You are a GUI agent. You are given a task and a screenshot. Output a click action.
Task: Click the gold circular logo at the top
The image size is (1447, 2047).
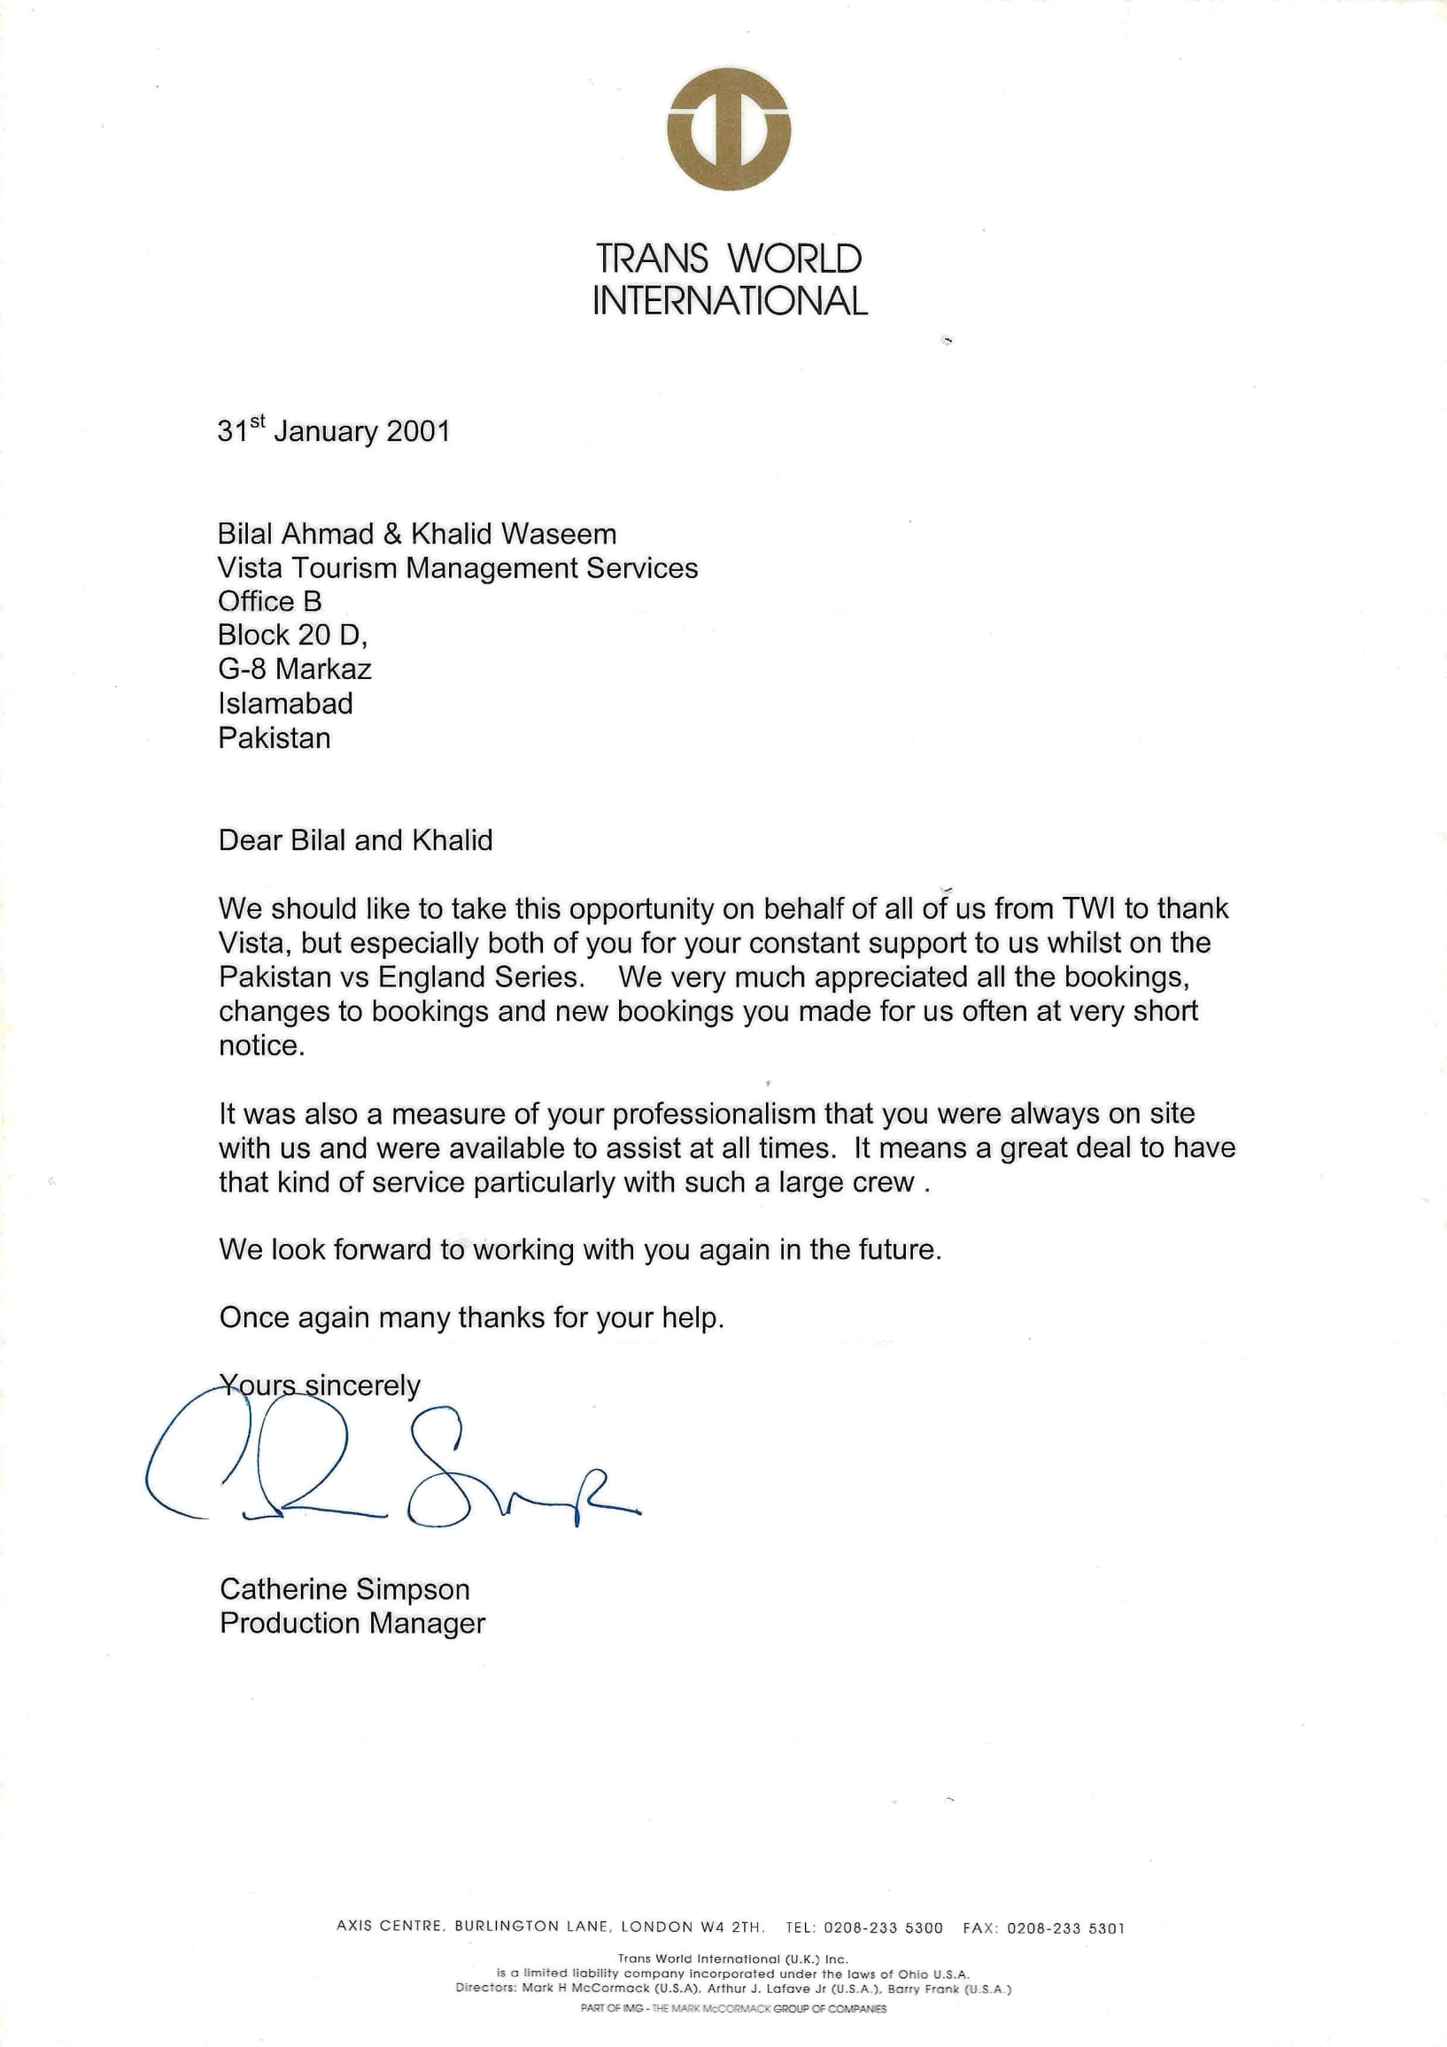click(x=729, y=128)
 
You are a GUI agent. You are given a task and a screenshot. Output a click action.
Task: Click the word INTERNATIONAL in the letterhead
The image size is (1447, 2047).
click(x=730, y=301)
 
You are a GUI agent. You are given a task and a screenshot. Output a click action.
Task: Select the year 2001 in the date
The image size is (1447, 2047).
click(x=419, y=431)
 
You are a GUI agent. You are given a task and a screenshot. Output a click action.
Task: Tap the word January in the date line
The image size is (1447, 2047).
click(x=325, y=431)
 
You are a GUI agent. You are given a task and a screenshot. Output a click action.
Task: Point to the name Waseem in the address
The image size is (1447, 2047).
click(x=558, y=534)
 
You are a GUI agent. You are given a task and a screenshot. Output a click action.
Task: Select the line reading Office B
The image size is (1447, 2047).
click(x=269, y=602)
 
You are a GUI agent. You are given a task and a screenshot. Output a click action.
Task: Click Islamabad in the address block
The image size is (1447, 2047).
click(x=285, y=703)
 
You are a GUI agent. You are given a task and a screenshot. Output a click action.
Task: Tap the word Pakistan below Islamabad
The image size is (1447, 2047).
click(x=275, y=738)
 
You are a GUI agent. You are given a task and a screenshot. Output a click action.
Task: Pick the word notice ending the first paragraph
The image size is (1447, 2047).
click(x=261, y=1046)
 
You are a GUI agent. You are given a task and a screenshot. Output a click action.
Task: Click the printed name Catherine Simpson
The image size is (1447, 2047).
click(x=344, y=1588)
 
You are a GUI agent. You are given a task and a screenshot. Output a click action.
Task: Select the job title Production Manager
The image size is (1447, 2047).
click(x=352, y=1623)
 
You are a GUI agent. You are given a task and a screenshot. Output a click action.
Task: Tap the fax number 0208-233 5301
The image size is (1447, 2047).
click(x=1065, y=1927)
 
